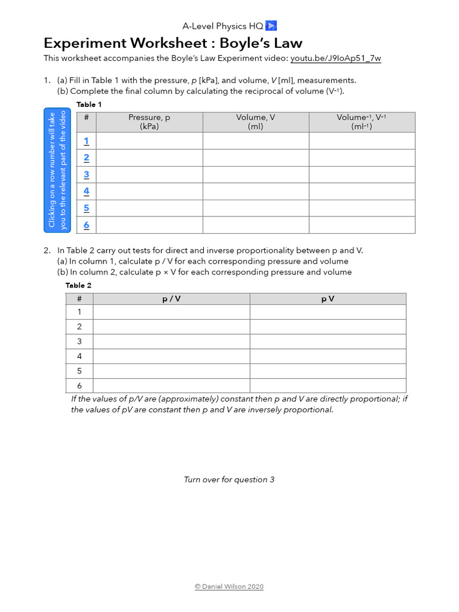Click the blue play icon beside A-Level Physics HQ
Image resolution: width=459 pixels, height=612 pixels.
coord(271,26)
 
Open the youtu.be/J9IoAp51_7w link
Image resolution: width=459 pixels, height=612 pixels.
coord(335,59)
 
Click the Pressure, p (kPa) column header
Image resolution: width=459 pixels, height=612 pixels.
coord(149,122)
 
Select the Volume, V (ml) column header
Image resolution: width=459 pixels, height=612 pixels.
coord(255,122)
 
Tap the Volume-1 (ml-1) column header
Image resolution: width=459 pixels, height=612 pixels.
coord(362,122)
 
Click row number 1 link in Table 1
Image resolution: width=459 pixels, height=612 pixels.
coord(86,141)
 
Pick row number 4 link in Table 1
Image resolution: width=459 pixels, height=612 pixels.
coord(86,191)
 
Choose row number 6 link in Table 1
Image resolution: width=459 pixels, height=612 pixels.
coord(86,225)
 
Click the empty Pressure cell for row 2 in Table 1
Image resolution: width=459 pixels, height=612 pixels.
coord(149,158)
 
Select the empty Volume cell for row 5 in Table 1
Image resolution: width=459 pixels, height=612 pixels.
coord(255,208)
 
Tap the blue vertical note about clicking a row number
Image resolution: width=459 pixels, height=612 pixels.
coord(57,170)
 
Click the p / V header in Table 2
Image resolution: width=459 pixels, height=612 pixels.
coord(171,299)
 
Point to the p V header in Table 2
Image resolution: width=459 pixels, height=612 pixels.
coord(328,299)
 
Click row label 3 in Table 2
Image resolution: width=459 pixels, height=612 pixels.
coord(79,341)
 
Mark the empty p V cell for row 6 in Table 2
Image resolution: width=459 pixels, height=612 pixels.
coord(328,385)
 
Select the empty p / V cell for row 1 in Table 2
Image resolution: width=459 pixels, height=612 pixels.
coord(171,312)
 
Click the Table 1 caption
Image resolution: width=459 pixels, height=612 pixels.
coord(89,105)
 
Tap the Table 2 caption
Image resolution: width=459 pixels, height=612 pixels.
coord(75,286)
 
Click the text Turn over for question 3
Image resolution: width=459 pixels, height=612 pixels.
coord(229,480)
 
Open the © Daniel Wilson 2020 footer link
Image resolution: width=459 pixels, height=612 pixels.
coord(229,587)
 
